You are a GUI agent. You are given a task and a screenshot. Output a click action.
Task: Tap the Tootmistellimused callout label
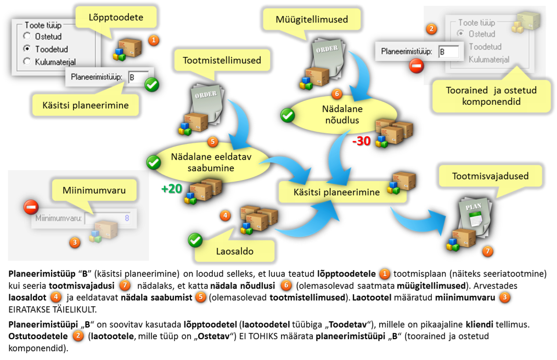click(222, 60)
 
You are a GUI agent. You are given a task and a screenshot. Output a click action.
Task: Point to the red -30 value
click(361, 141)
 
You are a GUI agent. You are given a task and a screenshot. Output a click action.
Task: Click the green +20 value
click(171, 188)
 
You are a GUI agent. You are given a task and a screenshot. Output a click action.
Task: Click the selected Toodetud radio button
click(27, 49)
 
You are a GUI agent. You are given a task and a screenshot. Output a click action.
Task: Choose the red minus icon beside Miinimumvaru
click(31, 208)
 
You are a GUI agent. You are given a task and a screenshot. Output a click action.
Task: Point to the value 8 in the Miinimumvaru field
click(127, 218)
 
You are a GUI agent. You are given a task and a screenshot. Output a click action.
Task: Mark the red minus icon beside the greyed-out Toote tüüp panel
click(416, 66)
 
